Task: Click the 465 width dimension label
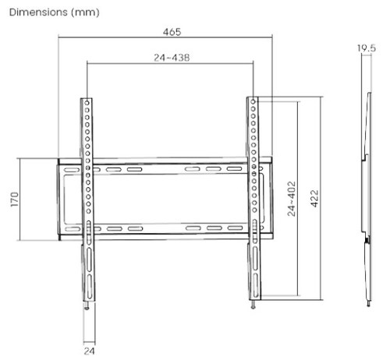[172, 32]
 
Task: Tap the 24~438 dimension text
[172, 58]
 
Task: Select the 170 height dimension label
[15, 199]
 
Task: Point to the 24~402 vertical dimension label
[292, 199]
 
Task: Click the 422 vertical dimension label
[314, 199]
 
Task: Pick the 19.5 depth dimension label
[366, 48]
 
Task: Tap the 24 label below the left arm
[89, 351]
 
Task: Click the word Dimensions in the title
[38, 12]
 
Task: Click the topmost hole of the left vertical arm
[87, 103]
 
